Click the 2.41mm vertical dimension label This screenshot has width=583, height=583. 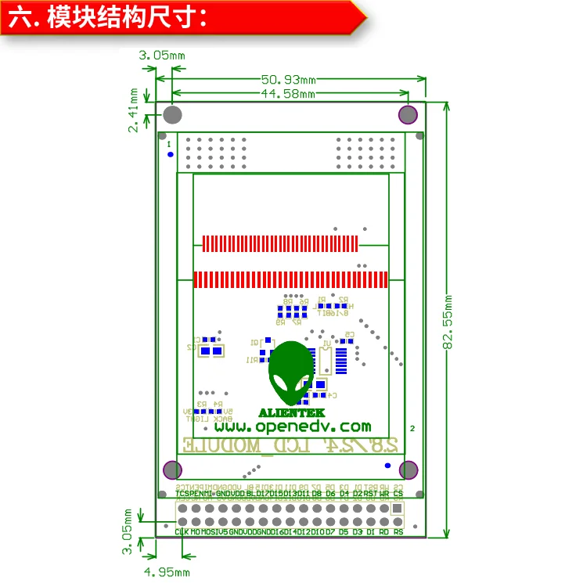click(x=134, y=110)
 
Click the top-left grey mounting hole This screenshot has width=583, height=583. click(x=172, y=116)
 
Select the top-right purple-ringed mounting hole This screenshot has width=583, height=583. click(x=408, y=115)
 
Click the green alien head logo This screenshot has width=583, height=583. click(x=291, y=372)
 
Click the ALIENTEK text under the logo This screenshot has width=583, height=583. click(x=292, y=412)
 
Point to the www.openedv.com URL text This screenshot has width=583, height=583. click(x=292, y=426)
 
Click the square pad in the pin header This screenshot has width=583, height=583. click(x=398, y=508)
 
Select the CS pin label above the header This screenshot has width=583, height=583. click(x=398, y=494)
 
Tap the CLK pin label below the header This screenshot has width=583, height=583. click(x=182, y=532)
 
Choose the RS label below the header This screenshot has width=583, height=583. click(x=398, y=532)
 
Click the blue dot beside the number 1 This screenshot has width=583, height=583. click(x=171, y=154)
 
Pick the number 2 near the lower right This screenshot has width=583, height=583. click(x=412, y=428)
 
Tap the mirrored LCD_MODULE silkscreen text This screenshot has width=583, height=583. click(x=293, y=444)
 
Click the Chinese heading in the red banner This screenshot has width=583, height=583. click(x=109, y=17)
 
